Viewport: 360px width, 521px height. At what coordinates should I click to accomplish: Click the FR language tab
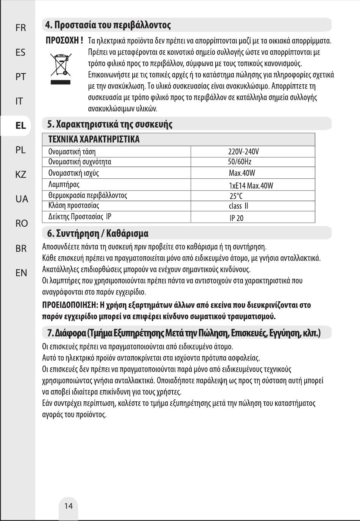[21, 28]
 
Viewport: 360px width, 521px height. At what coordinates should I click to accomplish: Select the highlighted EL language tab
[21, 125]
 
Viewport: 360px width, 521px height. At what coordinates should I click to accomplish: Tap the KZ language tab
[21, 175]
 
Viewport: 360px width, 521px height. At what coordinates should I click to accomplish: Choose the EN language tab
[21, 273]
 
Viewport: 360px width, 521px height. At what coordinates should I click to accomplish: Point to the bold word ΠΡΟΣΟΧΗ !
[64, 40]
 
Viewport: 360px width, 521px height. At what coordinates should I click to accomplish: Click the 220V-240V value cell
[243, 151]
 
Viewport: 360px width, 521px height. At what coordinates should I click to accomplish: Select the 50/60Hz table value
[239, 162]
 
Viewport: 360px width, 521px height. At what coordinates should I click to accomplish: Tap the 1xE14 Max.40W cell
[251, 186]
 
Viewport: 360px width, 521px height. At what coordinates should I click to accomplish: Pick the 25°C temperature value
[236, 196]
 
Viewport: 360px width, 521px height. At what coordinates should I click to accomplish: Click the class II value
[238, 206]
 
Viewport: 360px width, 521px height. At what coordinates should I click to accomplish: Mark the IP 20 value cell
[236, 218]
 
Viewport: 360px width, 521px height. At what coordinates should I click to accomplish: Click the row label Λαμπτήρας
[64, 185]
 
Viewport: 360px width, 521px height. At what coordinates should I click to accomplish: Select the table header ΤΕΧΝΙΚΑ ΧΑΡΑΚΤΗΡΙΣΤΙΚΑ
[94, 139]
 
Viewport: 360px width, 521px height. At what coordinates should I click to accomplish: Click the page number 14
[69, 506]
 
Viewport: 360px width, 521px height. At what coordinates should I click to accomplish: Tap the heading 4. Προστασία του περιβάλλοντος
[108, 25]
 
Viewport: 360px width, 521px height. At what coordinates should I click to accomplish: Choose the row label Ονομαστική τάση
[72, 152]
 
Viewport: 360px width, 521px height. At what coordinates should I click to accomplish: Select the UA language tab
[22, 199]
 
